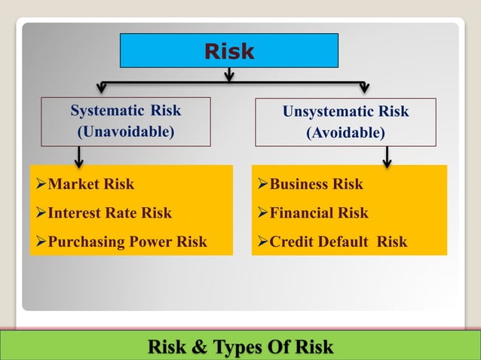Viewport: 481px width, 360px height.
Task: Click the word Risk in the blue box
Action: [229, 51]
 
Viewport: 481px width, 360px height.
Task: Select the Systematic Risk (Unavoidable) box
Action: [126, 122]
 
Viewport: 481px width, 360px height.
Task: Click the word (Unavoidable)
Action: [126, 133]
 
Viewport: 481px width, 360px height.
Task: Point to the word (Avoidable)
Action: [345, 133]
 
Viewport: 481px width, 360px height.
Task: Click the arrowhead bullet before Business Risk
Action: [262, 185]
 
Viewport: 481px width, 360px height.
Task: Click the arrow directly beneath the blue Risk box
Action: [229, 75]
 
